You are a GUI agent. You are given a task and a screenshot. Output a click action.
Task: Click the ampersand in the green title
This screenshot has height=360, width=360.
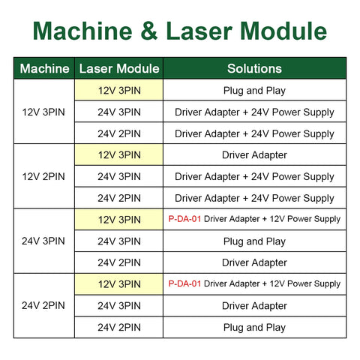tap(149, 31)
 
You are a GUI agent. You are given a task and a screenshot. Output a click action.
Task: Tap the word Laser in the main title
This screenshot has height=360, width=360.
tap(199, 31)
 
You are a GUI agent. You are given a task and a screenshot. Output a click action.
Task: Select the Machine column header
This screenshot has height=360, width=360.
tap(44, 68)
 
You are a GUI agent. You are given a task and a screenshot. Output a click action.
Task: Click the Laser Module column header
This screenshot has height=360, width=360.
tap(119, 68)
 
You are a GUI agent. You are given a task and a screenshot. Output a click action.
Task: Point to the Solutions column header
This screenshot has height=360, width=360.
tap(254, 68)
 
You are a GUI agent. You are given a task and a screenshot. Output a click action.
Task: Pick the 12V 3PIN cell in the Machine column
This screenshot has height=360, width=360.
tap(43, 112)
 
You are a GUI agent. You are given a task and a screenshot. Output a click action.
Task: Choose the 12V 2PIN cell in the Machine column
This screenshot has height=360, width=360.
tap(43, 176)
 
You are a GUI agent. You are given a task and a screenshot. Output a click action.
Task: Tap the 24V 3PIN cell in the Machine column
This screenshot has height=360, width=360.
tap(43, 241)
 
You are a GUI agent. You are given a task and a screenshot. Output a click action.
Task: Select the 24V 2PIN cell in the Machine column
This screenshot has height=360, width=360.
tap(43, 305)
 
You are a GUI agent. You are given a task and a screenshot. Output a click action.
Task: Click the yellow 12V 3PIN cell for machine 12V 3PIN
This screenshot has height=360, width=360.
tap(119, 90)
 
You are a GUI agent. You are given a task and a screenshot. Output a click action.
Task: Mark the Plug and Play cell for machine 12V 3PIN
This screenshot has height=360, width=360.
tap(254, 91)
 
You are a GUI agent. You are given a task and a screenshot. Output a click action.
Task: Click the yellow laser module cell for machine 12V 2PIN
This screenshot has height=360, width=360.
tap(119, 154)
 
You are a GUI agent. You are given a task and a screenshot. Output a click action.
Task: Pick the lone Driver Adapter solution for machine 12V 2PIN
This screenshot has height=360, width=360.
tap(254, 155)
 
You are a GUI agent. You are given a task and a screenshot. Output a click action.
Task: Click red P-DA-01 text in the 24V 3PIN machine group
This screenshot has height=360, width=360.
tap(184, 219)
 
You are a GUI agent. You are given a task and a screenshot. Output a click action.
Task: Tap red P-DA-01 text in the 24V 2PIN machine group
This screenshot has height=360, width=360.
tap(184, 283)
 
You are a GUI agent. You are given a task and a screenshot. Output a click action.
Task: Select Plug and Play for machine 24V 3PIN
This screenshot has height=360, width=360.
tap(254, 241)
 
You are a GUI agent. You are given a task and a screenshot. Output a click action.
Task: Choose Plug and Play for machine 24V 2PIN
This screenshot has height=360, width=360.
tap(254, 328)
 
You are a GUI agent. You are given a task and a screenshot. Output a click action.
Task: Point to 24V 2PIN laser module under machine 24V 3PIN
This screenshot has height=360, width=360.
tap(119, 262)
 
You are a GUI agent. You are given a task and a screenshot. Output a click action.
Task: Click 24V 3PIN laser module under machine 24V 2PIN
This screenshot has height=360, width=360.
tap(119, 305)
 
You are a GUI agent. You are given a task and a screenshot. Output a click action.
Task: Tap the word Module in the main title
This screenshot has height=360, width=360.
tap(283, 31)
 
